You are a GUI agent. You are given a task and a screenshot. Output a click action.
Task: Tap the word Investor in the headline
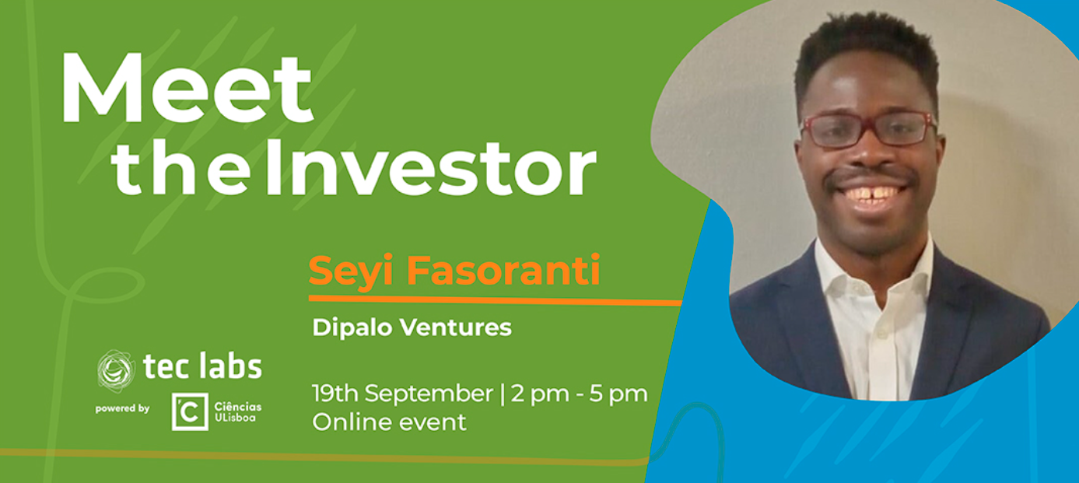click(x=432, y=167)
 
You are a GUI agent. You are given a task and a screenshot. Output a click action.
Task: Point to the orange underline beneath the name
click(x=496, y=300)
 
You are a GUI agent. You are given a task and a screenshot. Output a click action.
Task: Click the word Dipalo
click(x=352, y=328)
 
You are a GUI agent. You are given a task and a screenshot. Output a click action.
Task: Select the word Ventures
click(x=456, y=327)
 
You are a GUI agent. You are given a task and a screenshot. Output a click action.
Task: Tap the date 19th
click(x=335, y=394)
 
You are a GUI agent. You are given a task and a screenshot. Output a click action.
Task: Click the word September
click(x=429, y=394)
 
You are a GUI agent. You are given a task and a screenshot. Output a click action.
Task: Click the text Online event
click(x=389, y=422)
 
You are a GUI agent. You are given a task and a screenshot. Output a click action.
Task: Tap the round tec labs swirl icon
click(x=116, y=371)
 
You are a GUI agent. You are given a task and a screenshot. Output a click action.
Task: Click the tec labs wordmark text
click(x=203, y=366)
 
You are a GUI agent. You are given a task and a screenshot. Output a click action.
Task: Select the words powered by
click(x=122, y=409)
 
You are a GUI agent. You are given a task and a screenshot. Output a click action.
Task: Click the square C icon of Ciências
click(x=191, y=411)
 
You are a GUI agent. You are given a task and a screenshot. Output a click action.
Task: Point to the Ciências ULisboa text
click(x=238, y=412)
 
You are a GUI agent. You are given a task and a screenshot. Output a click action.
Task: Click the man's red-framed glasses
click(x=868, y=128)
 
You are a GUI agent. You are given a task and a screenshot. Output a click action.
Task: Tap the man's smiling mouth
click(x=872, y=194)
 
